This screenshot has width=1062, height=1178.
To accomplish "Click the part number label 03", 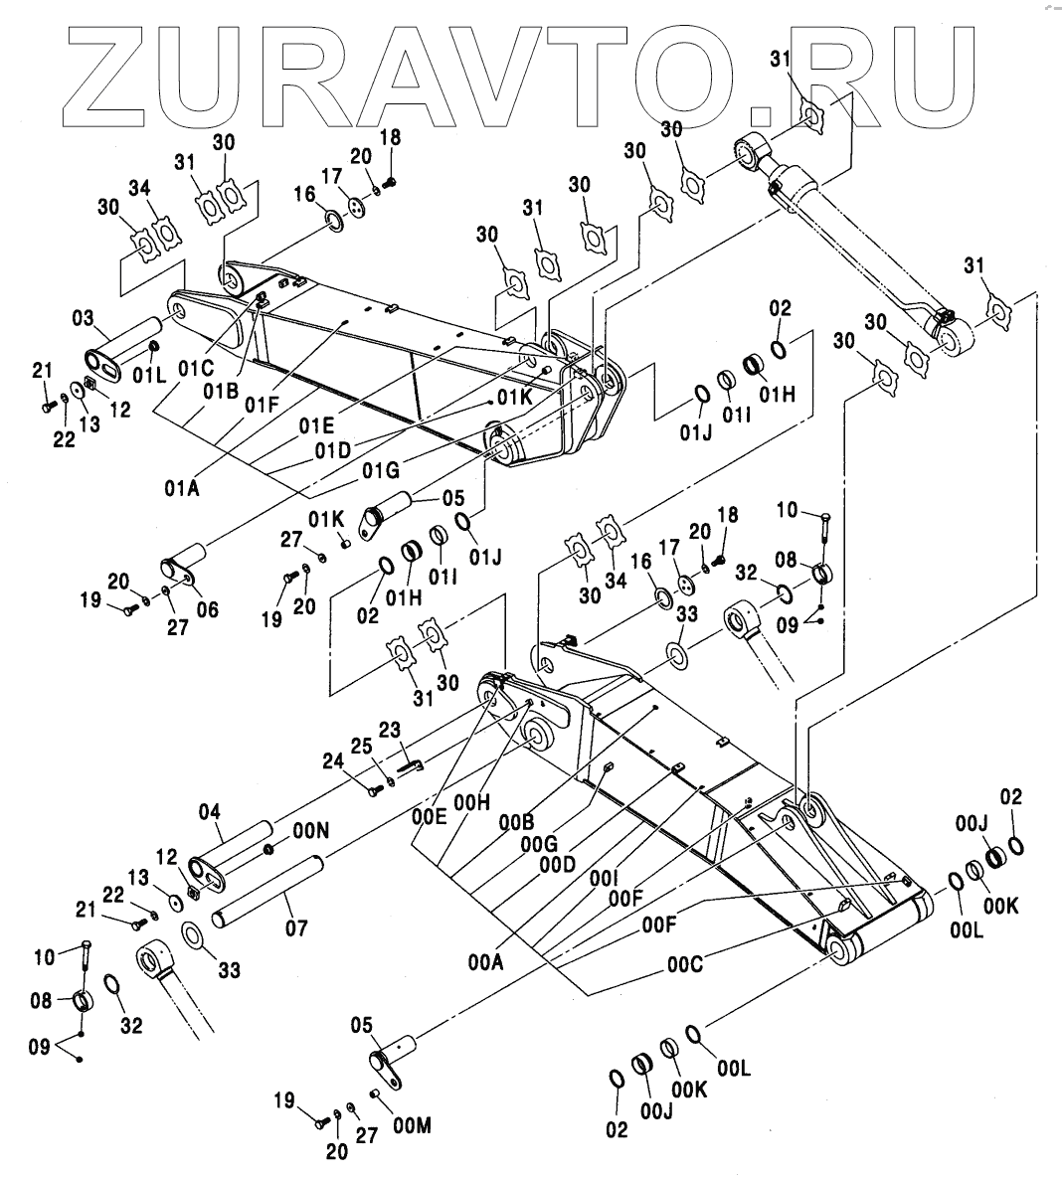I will [x=82, y=318].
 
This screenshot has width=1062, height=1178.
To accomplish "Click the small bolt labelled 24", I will [x=373, y=789].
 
